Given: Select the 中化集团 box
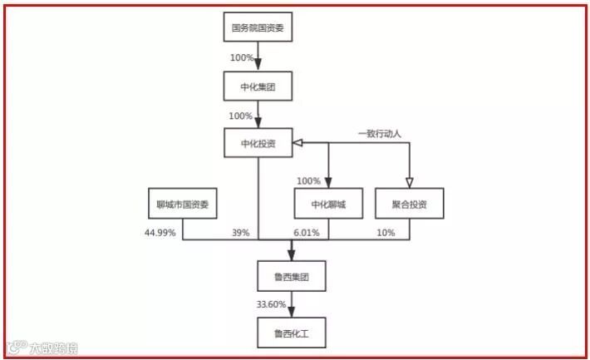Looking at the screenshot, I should [259, 86].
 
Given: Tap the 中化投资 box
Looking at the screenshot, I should [259, 143].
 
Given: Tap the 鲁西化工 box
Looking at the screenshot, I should [291, 333].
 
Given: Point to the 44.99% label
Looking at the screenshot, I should [160, 233].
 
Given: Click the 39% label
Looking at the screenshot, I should [241, 233].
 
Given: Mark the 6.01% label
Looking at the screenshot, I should [306, 233].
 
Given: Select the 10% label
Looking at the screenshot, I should [386, 233].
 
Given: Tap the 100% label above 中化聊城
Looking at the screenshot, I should [308, 181].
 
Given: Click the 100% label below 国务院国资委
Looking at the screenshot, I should [242, 58].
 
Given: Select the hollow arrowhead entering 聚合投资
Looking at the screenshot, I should [409, 182].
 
